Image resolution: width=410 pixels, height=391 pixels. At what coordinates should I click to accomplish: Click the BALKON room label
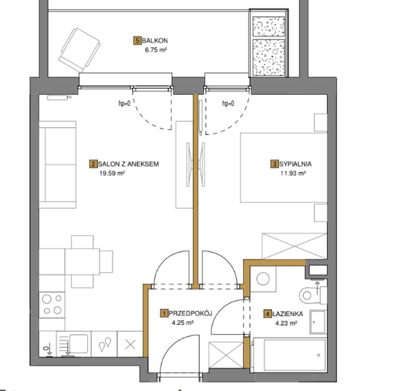click(x=154, y=41)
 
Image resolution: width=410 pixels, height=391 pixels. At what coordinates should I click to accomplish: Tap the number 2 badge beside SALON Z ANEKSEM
click(x=93, y=164)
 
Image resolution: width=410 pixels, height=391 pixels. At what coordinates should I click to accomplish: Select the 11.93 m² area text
click(x=293, y=173)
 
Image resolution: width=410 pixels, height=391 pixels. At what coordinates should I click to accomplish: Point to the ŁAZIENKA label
click(x=287, y=314)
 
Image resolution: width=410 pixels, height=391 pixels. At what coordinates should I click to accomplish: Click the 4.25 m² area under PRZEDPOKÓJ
click(x=183, y=323)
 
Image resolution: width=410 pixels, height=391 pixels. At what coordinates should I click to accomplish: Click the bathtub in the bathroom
click(x=289, y=355)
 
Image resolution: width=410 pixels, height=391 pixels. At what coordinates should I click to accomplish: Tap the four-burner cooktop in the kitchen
click(x=52, y=305)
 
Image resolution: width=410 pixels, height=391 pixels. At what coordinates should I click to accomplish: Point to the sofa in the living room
click(x=58, y=164)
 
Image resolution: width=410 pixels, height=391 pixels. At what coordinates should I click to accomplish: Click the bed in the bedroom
click(x=284, y=168)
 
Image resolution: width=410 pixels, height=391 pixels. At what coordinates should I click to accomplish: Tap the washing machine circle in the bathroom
click(x=263, y=279)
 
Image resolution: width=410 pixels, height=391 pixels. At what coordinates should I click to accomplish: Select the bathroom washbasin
click(x=318, y=322)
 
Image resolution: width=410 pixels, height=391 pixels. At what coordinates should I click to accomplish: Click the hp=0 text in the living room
click(x=125, y=103)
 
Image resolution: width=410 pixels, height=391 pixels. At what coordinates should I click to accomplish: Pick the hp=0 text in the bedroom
click(x=228, y=103)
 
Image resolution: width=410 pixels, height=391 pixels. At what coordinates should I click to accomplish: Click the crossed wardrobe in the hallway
click(x=226, y=355)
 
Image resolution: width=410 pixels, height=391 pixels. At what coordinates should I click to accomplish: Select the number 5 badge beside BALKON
click(x=137, y=41)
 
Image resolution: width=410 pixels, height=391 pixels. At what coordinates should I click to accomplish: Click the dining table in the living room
click(x=82, y=261)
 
